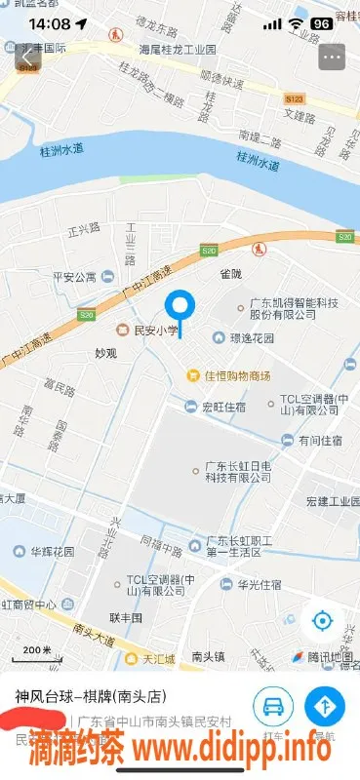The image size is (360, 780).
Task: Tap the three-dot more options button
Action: [332, 57]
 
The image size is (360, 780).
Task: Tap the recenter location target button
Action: [323, 621]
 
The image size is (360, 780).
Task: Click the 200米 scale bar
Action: [37, 649]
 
